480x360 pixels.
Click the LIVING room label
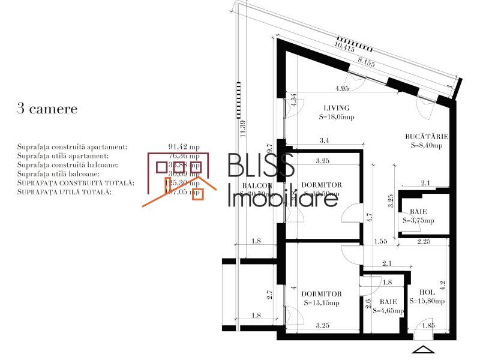(336, 108)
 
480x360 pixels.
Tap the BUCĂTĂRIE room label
(427, 137)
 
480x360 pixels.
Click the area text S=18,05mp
(337, 117)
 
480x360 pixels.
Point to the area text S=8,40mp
(427, 145)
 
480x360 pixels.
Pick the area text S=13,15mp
(322, 302)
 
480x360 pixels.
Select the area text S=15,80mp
(427, 301)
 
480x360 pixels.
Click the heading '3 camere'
(47, 109)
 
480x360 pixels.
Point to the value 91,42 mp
(185, 146)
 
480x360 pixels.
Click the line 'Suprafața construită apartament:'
(72, 146)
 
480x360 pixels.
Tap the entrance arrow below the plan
(423, 350)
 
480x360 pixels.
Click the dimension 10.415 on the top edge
(344, 44)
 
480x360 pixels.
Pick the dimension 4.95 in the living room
(343, 89)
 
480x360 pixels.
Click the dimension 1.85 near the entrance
(428, 326)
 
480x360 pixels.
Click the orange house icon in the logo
(180, 180)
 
